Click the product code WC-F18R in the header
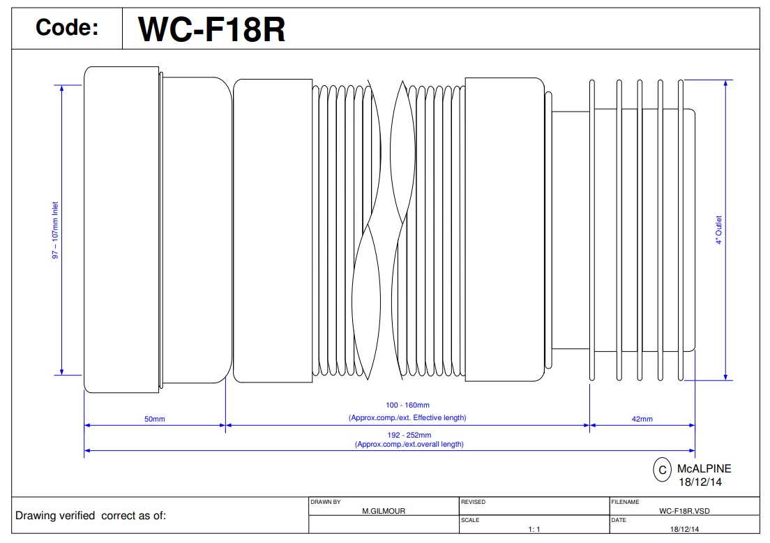(212, 29)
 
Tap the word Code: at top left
(67, 29)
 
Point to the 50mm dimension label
(154, 419)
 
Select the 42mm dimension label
(642, 419)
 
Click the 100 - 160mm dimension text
(407, 405)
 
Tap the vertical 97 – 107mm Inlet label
(56, 231)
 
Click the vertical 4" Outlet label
(718, 230)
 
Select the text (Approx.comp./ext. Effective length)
(407, 417)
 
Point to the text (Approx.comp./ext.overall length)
(409, 444)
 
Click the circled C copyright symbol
(662, 470)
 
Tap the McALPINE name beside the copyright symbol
(704, 469)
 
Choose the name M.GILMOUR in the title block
(384, 511)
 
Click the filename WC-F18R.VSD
(684, 511)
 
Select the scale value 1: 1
(535, 529)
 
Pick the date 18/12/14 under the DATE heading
(684, 529)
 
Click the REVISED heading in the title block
(474, 502)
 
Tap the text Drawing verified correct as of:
(91, 516)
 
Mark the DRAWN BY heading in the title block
(326, 502)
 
